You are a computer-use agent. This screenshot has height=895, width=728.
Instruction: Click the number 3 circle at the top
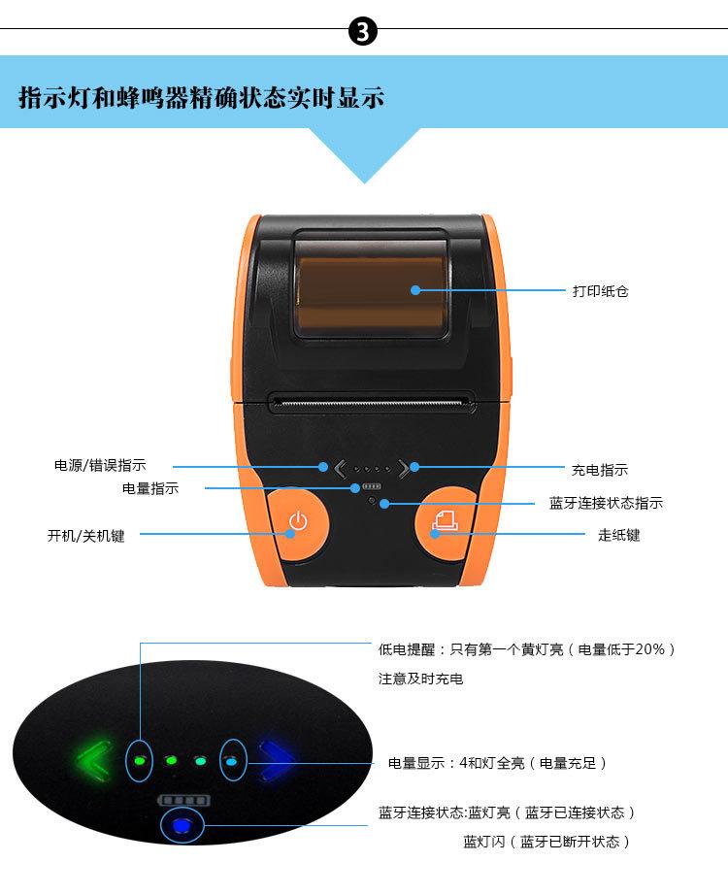[x=363, y=34]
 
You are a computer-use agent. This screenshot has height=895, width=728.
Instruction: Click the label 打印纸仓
[x=600, y=290]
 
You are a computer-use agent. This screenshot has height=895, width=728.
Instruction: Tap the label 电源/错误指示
[x=100, y=466]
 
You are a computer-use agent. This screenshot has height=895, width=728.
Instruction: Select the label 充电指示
[x=599, y=470]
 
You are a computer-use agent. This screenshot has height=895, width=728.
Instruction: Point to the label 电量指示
[x=150, y=488]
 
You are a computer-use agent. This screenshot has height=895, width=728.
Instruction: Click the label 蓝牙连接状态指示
[x=606, y=503]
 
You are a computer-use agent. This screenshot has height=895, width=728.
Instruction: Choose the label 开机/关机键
[x=85, y=535]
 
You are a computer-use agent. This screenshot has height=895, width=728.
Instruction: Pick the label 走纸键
[x=618, y=535]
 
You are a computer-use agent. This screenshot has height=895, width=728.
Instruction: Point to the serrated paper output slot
[x=371, y=399]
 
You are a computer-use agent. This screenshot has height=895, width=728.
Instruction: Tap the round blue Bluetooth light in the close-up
[x=182, y=826]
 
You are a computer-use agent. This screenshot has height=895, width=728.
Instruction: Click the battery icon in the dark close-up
[x=183, y=800]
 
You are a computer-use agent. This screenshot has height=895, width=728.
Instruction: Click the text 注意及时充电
[x=420, y=679]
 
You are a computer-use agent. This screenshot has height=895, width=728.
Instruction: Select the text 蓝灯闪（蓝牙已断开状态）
[x=546, y=842]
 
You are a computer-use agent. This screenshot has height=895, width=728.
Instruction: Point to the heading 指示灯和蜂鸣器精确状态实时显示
[x=201, y=98]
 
